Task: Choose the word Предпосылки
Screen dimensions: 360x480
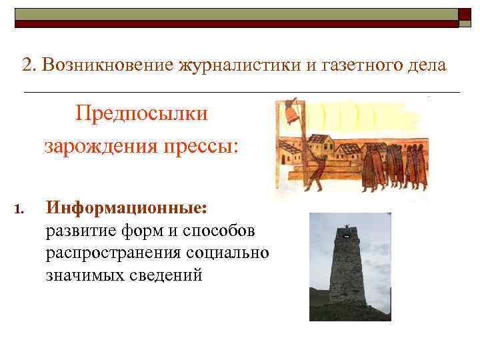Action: pyautogui.click(x=141, y=113)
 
